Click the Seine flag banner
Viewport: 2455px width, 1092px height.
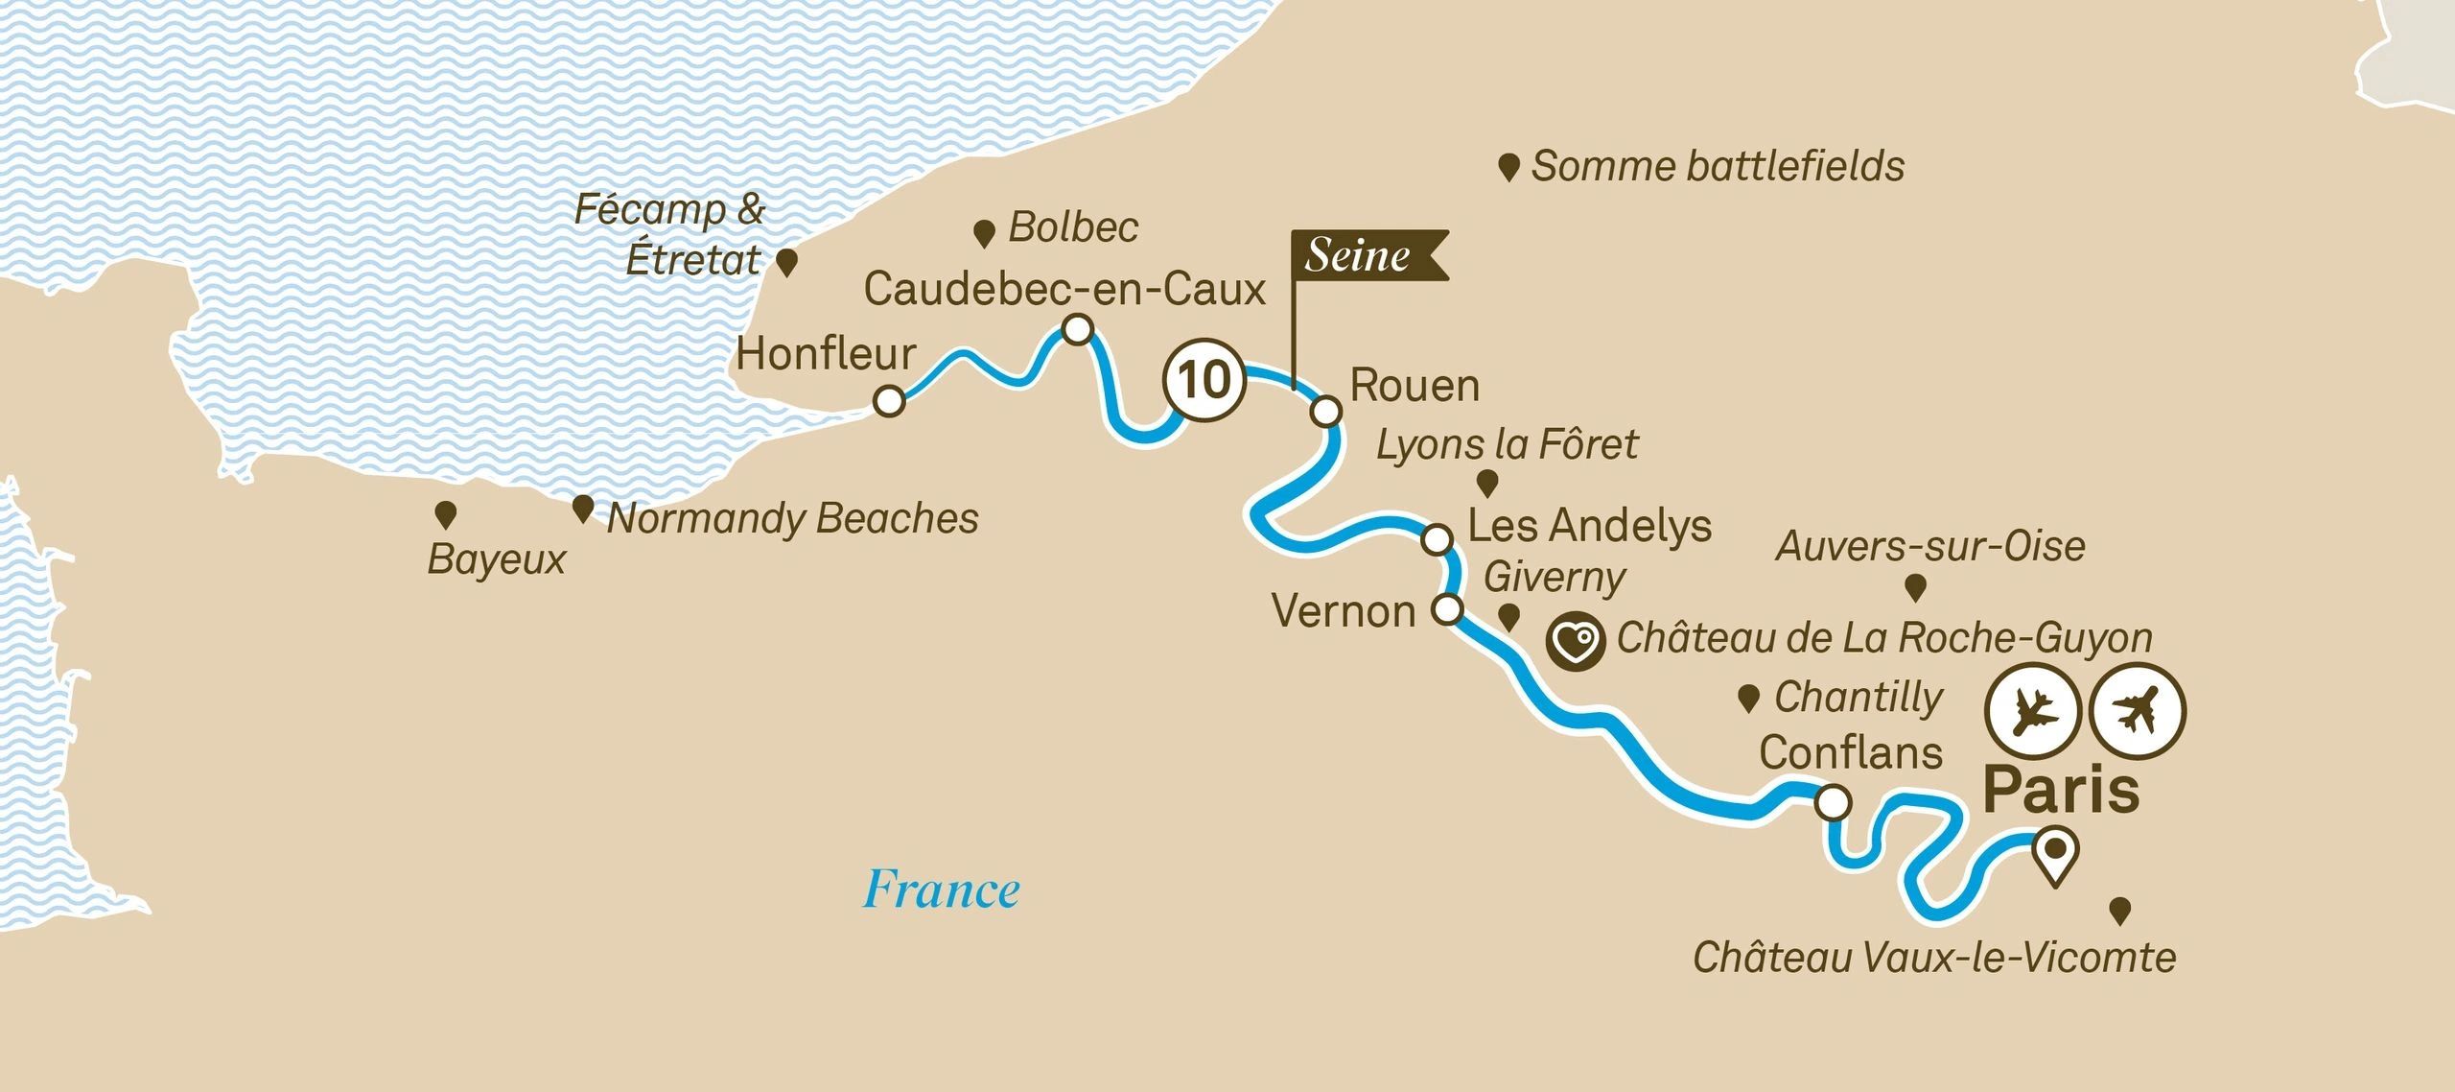point(1366,255)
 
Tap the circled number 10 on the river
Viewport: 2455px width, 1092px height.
point(1204,380)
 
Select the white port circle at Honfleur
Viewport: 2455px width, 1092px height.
point(889,401)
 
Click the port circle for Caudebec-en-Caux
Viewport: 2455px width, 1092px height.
point(1078,330)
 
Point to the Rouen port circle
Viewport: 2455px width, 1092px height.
point(1326,412)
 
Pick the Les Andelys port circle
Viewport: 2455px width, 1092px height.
point(1437,539)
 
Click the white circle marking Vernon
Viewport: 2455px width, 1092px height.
point(1447,609)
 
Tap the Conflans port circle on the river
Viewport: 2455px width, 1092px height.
point(1833,802)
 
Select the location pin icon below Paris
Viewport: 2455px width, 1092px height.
point(2056,854)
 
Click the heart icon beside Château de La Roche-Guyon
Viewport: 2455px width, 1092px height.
point(1575,641)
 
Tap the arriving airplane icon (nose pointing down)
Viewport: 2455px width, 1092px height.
point(2030,711)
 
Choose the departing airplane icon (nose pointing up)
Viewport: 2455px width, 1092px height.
point(2138,711)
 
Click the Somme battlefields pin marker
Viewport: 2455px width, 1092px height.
point(1508,169)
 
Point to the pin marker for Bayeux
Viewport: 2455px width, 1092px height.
point(445,514)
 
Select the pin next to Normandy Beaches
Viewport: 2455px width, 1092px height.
point(582,508)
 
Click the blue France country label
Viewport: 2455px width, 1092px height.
point(941,890)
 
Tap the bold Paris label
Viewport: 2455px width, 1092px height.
point(2061,790)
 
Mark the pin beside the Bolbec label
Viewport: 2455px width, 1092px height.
point(983,233)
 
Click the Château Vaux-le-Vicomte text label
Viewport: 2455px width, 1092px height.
point(1933,958)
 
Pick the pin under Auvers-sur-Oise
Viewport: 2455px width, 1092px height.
point(1915,586)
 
